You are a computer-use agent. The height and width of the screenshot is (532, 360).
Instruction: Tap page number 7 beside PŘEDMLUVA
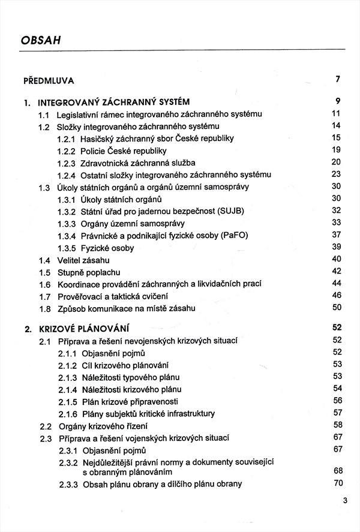pos(338,79)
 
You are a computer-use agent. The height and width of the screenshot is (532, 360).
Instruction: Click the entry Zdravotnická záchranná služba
pos(138,163)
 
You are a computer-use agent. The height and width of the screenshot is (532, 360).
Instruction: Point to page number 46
pos(336,295)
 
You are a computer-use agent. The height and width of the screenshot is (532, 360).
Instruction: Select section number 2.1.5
pos(68,401)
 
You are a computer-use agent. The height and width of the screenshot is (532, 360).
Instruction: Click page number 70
pos(337,483)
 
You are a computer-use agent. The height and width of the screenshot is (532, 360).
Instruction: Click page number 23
pos(336,174)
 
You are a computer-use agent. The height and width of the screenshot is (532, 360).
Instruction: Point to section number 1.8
pos(44,308)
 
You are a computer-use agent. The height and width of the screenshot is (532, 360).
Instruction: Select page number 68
pos(337,471)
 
